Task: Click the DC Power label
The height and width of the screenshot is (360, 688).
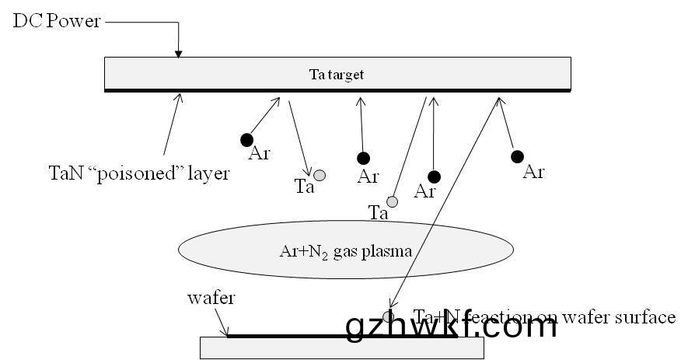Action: point(57,21)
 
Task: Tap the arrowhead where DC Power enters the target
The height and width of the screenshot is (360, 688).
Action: point(179,54)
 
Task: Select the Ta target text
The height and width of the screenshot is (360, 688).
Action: point(336,75)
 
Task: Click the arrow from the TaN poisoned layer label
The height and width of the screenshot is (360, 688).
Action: point(173,124)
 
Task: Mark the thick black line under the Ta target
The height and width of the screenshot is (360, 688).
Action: point(338,90)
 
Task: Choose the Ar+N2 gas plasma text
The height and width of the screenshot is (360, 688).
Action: point(345,251)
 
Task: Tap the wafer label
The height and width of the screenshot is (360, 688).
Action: point(211,298)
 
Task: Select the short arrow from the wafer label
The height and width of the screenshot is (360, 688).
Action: point(222,322)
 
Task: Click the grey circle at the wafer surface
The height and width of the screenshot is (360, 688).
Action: point(388,316)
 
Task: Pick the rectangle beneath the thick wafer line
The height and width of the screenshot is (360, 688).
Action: point(342,348)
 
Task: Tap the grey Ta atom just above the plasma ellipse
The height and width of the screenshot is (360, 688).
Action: point(392,202)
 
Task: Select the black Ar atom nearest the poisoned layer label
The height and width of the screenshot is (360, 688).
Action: point(246,140)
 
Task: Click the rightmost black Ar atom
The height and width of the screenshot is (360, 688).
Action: point(517,156)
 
